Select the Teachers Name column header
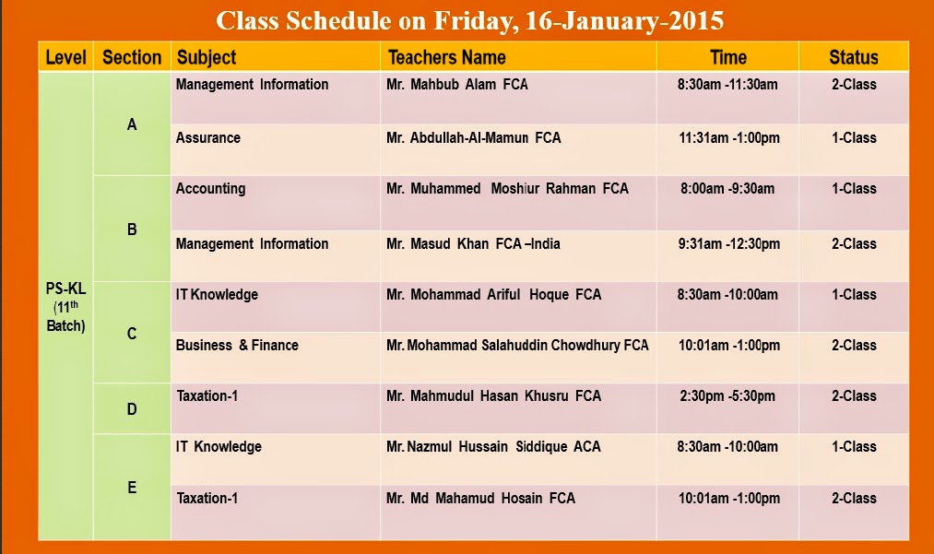pos(446,57)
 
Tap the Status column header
pos(853,57)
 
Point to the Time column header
pos(727,57)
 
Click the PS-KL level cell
pos(65,307)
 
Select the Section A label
pos(132,124)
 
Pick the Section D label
pos(132,408)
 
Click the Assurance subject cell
pos(208,138)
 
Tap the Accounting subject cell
pos(211,189)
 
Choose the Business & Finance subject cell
pos(237,346)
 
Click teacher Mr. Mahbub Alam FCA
pos(457,85)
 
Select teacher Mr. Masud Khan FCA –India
pos(473,244)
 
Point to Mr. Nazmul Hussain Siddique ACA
pos(493,447)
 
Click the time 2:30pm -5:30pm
pos(727,396)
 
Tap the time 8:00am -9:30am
pos(727,189)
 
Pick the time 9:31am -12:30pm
pos(728,244)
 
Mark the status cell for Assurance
pos(853,138)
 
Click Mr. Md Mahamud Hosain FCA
pos(480,499)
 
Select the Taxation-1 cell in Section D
pos(207,396)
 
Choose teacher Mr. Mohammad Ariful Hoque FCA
pos(493,295)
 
